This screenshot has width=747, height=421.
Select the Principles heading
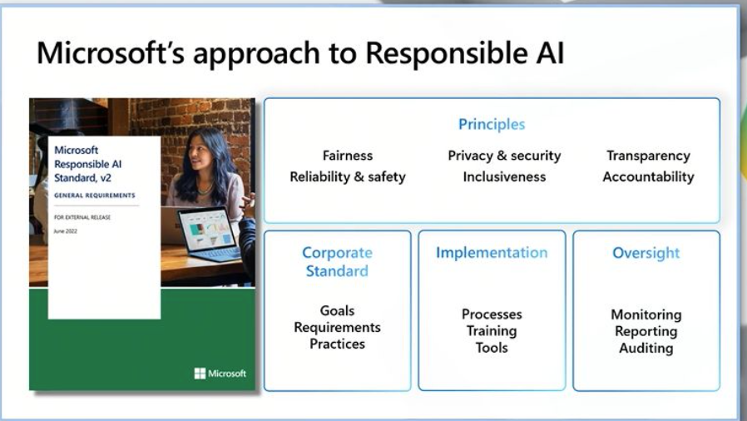(x=492, y=124)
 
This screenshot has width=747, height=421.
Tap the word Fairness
(x=348, y=156)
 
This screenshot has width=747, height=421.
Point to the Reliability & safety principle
(x=348, y=177)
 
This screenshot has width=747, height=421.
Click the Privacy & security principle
(x=504, y=156)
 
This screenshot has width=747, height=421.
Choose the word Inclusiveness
(x=504, y=177)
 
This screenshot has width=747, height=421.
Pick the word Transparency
(x=648, y=156)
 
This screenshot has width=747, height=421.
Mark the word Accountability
(x=648, y=177)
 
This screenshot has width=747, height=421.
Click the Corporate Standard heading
(x=337, y=262)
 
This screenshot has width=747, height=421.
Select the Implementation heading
(x=492, y=253)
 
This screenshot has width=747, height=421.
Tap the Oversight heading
(x=646, y=253)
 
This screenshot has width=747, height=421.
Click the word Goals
(x=337, y=310)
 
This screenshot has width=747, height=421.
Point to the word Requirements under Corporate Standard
(x=337, y=328)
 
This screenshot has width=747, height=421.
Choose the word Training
(x=492, y=331)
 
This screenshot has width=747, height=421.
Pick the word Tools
(x=492, y=348)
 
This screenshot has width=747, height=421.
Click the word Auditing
(x=646, y=348)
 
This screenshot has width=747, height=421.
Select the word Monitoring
(x=646, y=315)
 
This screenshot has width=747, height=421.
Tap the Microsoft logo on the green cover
(x=220, y=374)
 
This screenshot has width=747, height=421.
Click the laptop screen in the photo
(x=207, y=229)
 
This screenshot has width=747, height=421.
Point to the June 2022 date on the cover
(x=65, y=231)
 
